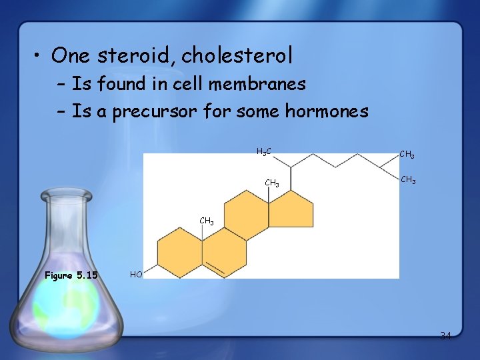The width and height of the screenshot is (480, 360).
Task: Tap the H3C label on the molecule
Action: click(x=264, y=152)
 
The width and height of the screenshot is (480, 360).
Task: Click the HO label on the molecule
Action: click(x=136, y=274)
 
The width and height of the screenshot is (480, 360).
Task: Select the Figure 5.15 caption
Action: click(x=71, y=275)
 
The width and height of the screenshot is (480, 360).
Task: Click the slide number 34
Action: click(x=445, y=335)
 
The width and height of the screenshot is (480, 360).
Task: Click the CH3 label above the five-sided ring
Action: click(x=272, y=183)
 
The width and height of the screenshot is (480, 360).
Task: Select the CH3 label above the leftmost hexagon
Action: click(x=207, y=221)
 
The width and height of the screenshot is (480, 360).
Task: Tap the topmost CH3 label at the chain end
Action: click(x=407, y=155)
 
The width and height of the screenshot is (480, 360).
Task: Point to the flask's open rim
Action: click(x=66, y=195)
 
